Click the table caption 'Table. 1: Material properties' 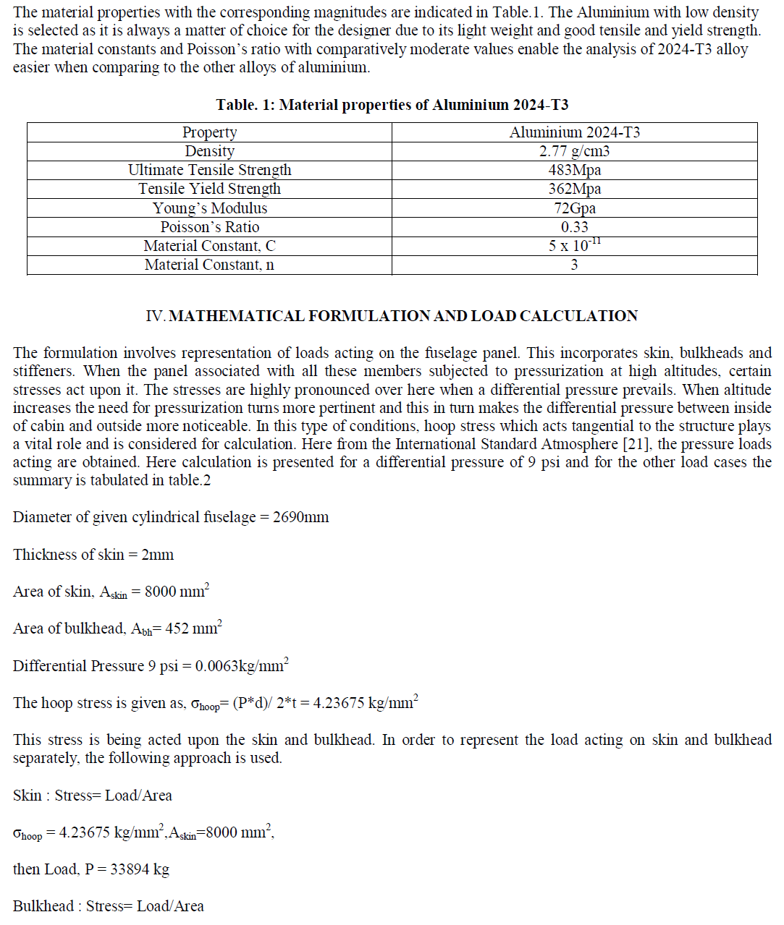tap(392, 105)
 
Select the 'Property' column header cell tap(209, 132)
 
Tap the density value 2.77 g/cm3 tap(574, 151)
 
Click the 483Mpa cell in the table tap(574, 170)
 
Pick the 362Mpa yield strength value tap(574, 189)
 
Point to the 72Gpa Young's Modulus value tap(574, 208)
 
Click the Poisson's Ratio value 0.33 tap(574, 227)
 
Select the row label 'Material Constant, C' tap(209, 246)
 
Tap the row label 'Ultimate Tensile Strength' tap(209, 170)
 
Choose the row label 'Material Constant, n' tap(209, 265)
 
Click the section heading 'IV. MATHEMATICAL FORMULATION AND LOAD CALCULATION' tap(392, 316)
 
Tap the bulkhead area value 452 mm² tap(193, 628)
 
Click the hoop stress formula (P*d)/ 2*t tap(265, 703)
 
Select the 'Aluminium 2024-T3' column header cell tap(574, 132)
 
